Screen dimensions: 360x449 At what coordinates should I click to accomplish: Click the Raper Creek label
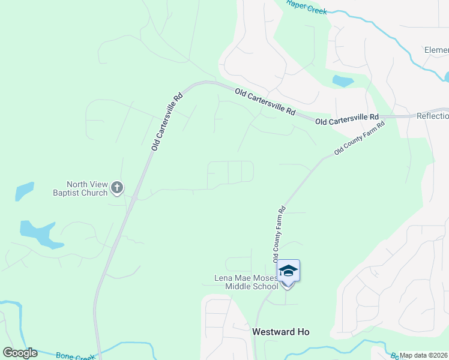[x=306, y=7]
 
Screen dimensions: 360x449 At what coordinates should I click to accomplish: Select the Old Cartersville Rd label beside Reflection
[x=347, y=119]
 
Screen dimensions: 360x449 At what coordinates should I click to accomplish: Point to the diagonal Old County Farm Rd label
[x=359, y=139]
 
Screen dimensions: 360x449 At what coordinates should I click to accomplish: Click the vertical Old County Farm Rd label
[x=280, y=234]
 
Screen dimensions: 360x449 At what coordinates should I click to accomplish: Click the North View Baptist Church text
[x=87, y=188]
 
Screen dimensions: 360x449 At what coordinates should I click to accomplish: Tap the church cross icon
[x=117, y=188]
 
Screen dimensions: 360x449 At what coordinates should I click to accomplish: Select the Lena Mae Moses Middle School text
[x=247, y=282]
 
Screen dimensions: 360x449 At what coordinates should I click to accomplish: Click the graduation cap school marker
[x=289, y=271]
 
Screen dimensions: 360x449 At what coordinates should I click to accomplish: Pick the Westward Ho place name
[x=281, y=332]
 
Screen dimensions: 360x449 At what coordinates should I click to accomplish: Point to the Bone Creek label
[x=75, y=356]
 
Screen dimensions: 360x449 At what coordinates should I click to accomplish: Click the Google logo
[x=20, y=353]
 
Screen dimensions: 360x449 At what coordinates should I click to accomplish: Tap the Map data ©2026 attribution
[x=424, y=355]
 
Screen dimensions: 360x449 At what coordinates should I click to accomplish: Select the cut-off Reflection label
[x=432, y=116]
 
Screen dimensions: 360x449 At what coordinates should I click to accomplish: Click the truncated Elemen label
[x=436, y=50]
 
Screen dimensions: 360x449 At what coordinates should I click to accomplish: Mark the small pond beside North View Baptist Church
[x=24, y=191]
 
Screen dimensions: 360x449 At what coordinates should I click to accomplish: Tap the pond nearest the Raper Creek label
[x=342, y=81]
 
